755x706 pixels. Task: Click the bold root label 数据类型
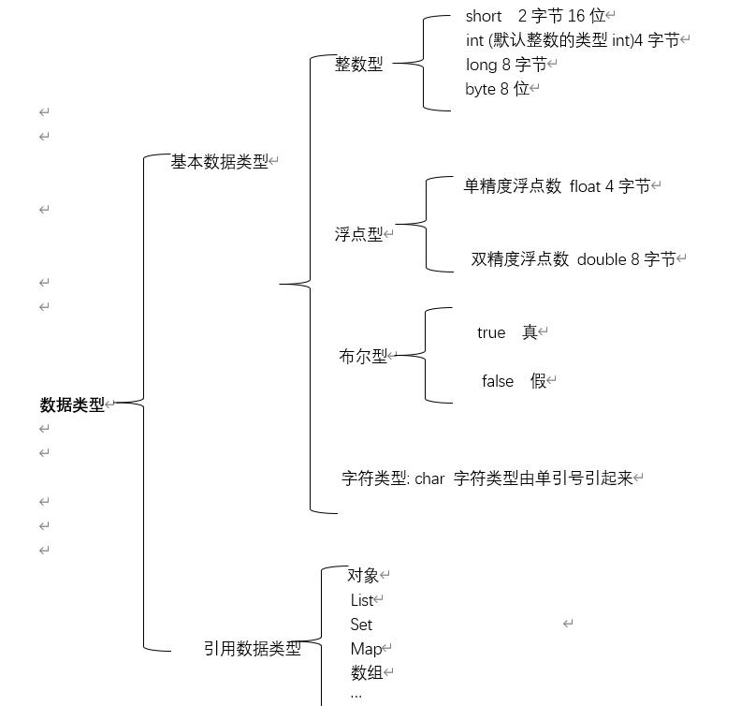72,404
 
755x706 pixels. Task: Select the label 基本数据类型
219,162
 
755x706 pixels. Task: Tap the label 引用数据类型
253,649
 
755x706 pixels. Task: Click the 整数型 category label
358,64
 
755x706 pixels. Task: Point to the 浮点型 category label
358,235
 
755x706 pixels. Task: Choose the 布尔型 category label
363,357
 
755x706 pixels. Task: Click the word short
484,16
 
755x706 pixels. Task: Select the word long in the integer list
481,65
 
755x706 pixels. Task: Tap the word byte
480,89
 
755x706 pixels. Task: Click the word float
585,186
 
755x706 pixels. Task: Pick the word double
602,259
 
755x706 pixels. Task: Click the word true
491,333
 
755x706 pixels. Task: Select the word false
498,381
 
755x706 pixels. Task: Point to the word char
429,479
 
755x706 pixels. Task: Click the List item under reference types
362,600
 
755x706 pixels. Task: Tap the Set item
361,625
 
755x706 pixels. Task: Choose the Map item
366,650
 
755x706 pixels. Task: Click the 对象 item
363,576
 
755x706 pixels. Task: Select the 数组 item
367,672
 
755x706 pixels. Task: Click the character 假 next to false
538,381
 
